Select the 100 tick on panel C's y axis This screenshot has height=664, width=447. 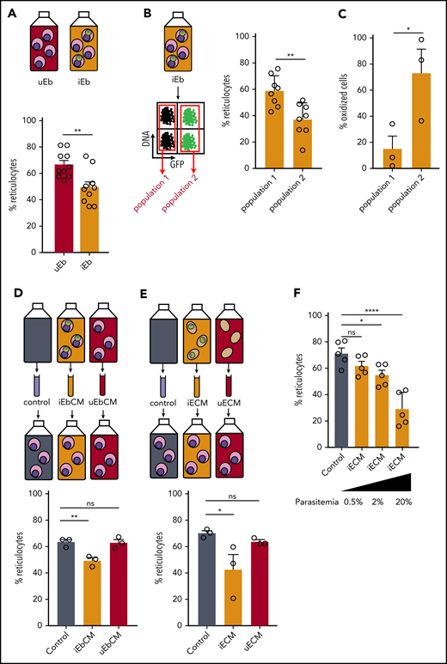(338, 39)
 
